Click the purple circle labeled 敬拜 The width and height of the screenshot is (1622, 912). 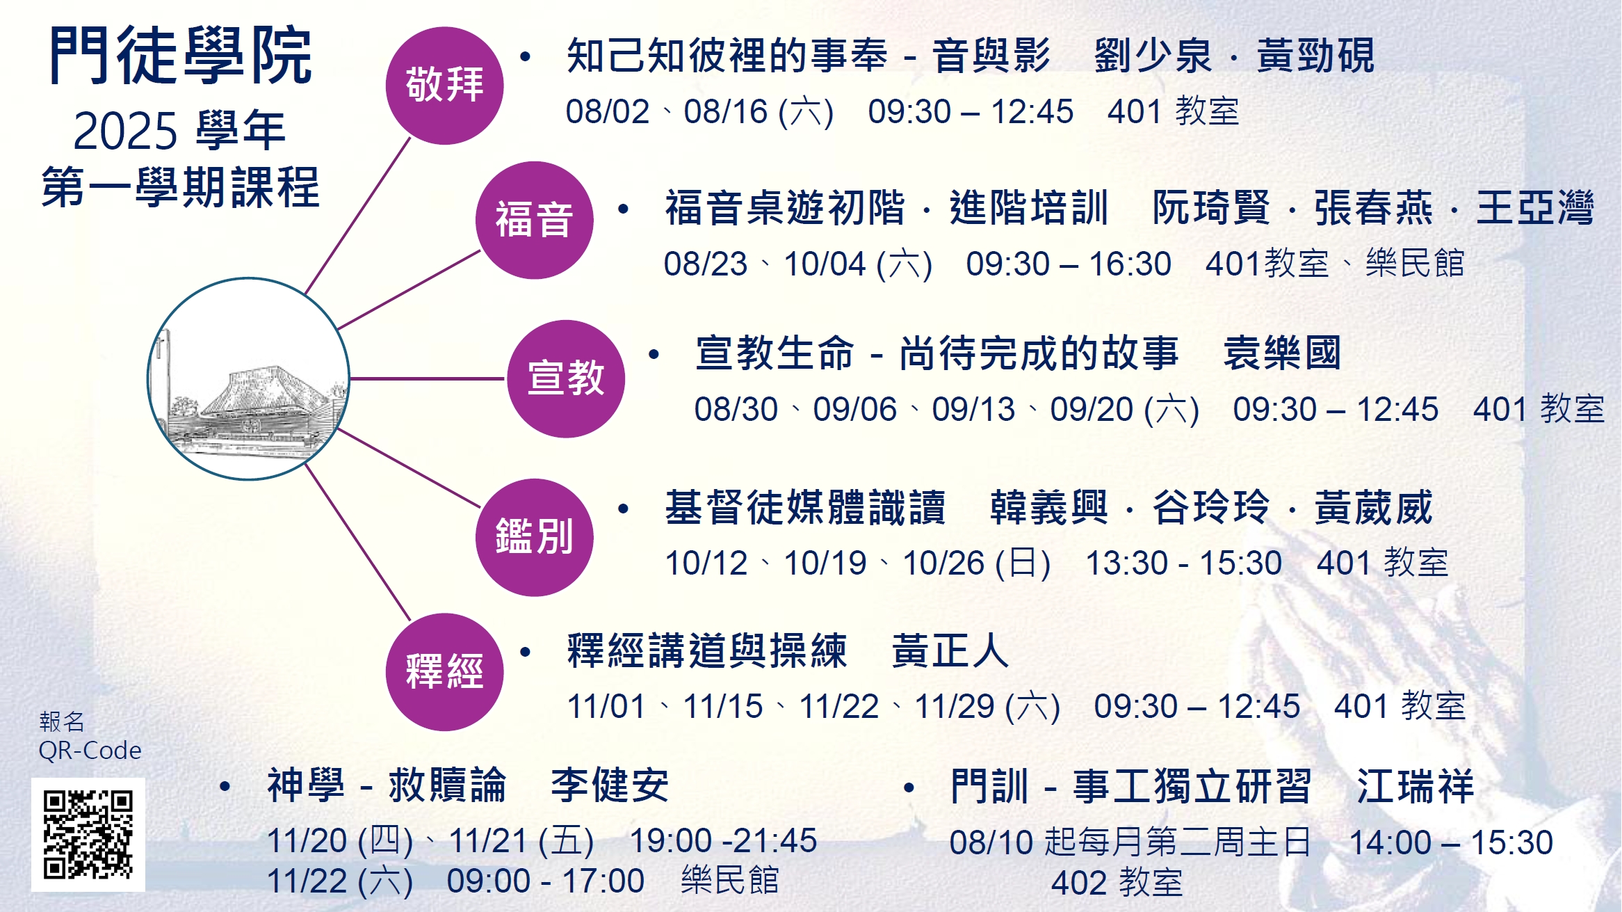[444, 86]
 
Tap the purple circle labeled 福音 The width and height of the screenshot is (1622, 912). [534, 220]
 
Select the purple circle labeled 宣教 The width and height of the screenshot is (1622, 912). [565, 378]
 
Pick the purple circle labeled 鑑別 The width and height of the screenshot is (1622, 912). [534, 537]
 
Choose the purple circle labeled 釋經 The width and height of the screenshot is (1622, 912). [444, 672]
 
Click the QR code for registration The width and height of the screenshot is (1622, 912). [88, 834]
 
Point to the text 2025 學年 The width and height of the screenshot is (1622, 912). [179, 131]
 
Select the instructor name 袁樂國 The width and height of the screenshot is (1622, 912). [1282, 353]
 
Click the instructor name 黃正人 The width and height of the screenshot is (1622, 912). [950, 651]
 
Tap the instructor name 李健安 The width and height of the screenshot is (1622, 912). [610, 785]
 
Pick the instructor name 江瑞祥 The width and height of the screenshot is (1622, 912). [1415, 787]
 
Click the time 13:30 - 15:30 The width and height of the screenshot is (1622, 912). [1183, 563]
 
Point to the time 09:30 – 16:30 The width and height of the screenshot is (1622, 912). [1069, 264]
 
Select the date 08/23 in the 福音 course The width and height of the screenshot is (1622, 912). [706, 264]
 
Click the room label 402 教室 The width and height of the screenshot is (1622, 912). [1117, 883]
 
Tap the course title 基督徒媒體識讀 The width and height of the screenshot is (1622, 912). [805, 507]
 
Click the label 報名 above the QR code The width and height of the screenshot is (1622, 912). [62, 721]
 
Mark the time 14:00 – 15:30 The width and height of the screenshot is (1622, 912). [1451, 842]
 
